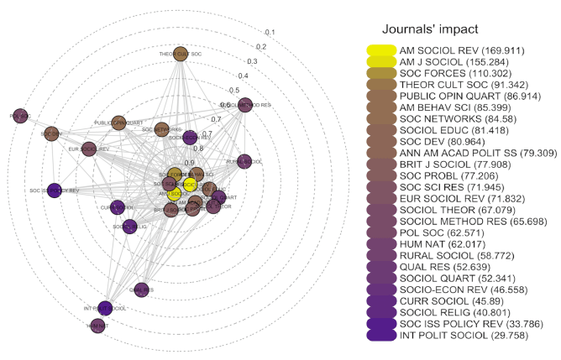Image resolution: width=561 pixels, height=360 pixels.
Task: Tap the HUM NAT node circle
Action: click(x=97, y=326)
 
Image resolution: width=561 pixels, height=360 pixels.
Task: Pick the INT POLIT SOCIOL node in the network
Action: click(x=106, y=308)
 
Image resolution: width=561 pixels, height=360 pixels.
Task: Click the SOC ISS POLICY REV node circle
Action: click(x=55, y=190)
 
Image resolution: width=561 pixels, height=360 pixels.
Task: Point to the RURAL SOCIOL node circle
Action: click(x=244, y=161)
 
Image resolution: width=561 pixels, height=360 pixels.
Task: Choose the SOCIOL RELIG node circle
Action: click(x=130, y=226)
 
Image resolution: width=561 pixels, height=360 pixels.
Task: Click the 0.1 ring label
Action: click(x=270, y=32)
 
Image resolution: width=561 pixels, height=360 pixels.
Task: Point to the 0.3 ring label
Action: click(x=251, y=61)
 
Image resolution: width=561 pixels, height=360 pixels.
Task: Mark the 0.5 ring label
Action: click(x=234, y=90)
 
